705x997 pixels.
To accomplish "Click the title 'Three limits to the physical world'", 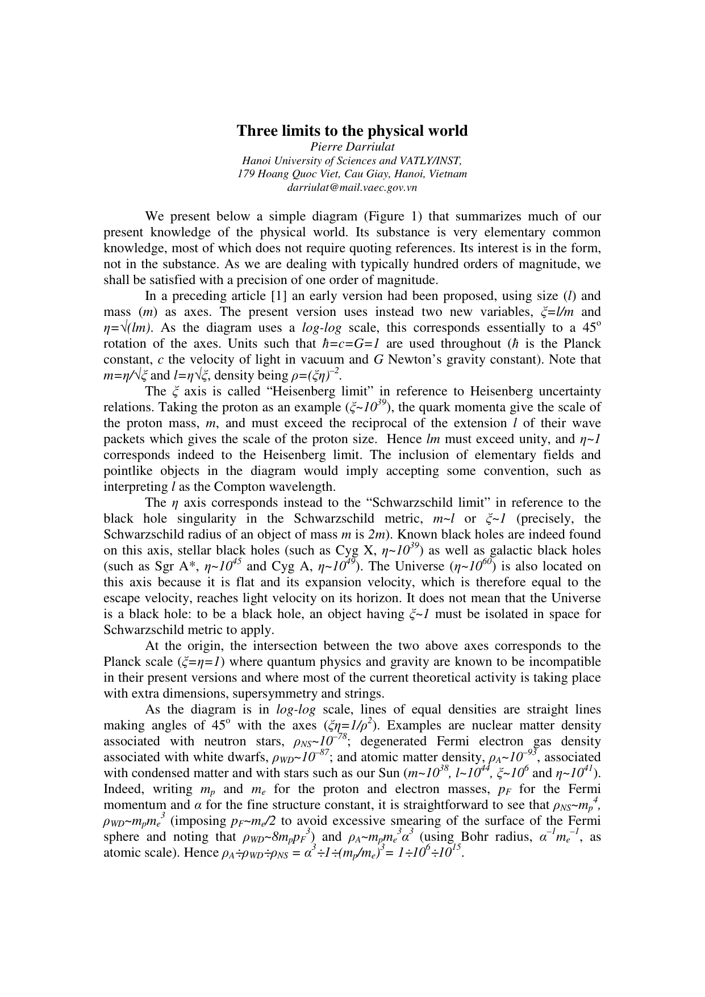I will click(x=352, y=131).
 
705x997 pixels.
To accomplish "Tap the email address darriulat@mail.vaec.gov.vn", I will click(x=352, y=187).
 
